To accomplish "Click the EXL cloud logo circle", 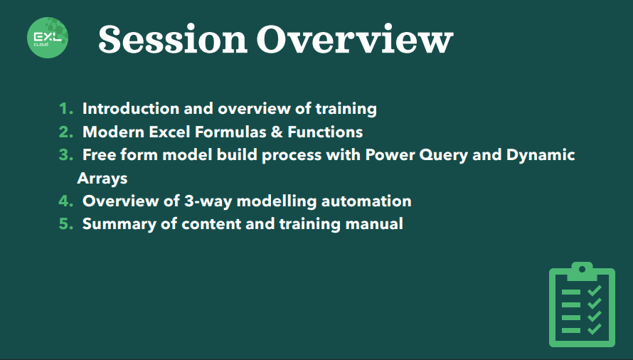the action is click(48, 38).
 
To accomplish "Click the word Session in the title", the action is click(173, 39).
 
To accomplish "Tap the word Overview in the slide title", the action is click(355, 39).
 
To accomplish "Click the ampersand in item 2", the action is click(277, 132).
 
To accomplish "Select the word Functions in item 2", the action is click(325, 132).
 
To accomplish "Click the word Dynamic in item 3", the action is click(541, 156).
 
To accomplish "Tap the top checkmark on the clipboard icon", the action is click(595, 290).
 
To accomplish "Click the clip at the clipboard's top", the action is click(582, 271).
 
